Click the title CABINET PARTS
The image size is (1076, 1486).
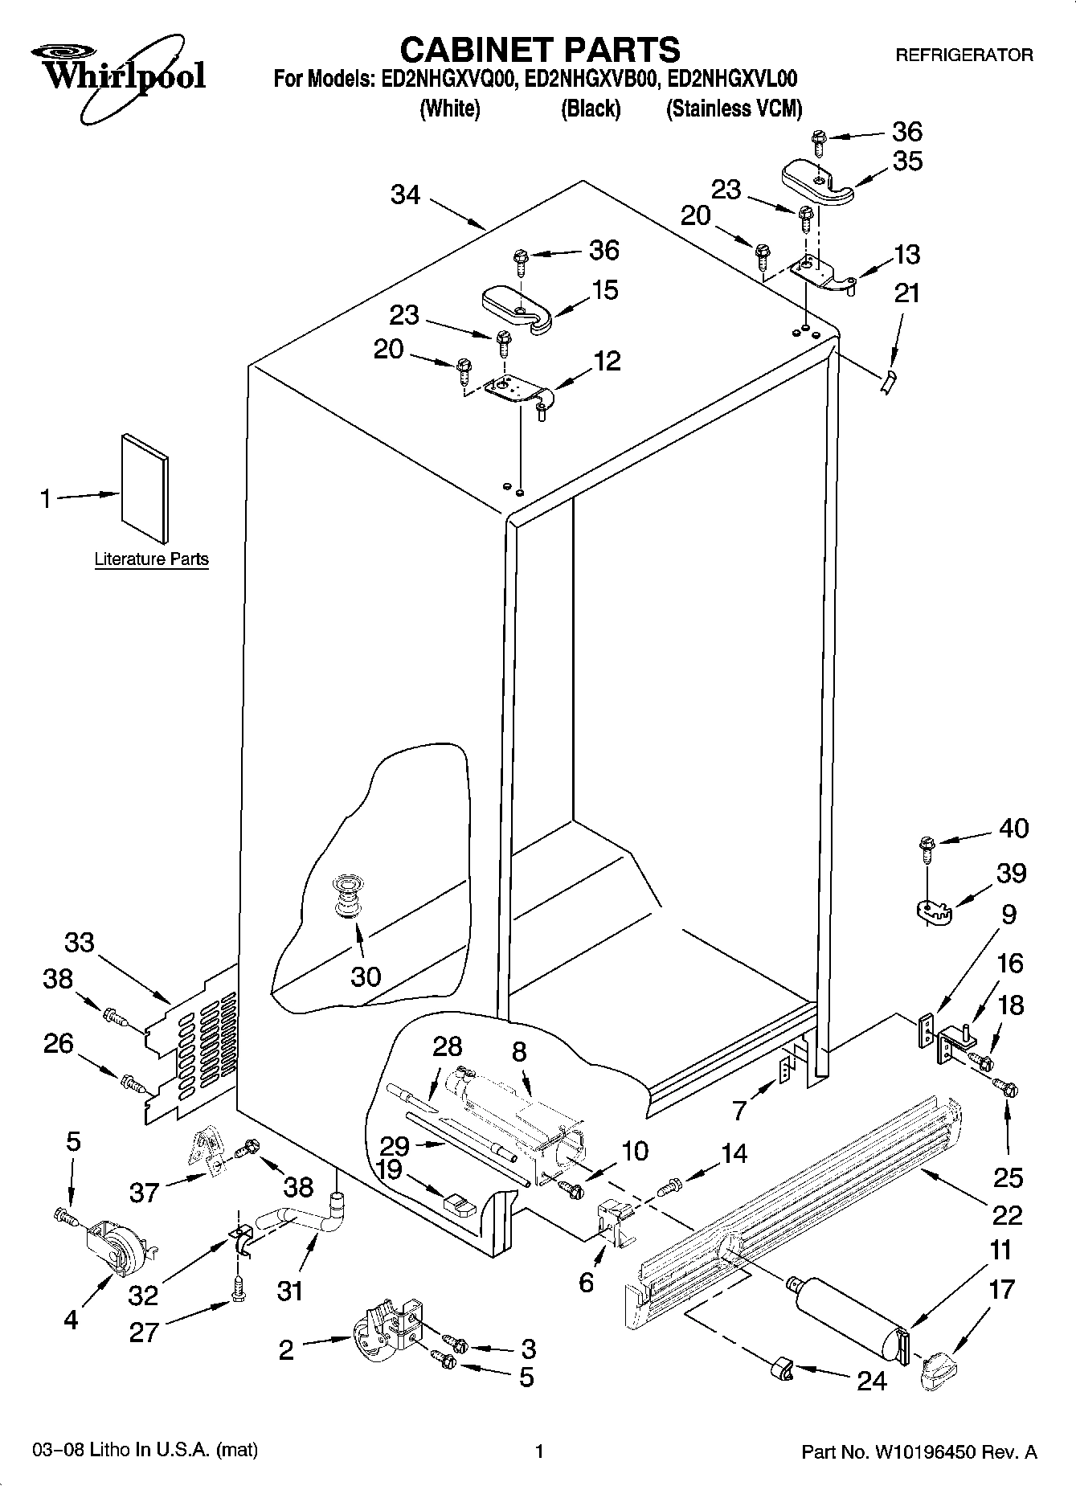tap(539, 49)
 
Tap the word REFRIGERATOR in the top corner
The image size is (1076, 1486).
tap(964, 55)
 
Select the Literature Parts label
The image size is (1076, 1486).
tap(151, 559)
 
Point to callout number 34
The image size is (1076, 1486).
tap(406, 194)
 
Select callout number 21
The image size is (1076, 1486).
tap(906, 293)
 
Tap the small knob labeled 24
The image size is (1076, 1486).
tap(781, 1369)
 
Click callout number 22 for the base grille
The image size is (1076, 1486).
tap(1007, 1214)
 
